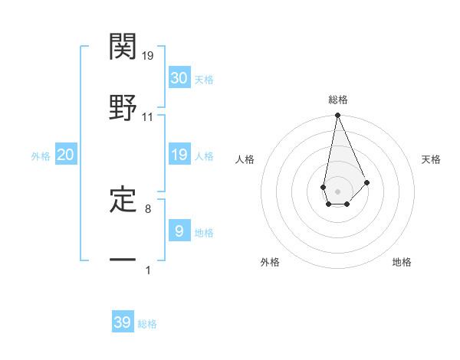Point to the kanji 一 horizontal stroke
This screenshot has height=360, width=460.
[123, 260]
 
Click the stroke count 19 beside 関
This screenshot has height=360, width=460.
[149, 56]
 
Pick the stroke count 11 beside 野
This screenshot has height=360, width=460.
[148, 117]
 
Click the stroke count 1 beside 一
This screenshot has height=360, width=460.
[148, 270]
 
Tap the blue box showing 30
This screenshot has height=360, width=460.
[179, 78]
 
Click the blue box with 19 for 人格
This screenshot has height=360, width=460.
[179, 155]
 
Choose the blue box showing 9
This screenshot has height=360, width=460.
[179, 231]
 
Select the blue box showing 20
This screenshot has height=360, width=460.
[66, 155]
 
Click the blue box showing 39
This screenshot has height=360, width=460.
[123, 322]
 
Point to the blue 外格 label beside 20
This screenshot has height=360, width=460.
[41, 156]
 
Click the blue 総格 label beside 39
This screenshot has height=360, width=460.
[148, 324]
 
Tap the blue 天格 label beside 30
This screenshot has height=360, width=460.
[204, 80]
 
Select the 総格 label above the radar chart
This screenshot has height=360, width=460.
[338, 100]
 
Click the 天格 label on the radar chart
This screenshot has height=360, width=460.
[432, 159]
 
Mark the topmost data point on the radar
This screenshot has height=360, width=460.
[337, 116]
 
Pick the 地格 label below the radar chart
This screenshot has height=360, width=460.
[402, 262]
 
